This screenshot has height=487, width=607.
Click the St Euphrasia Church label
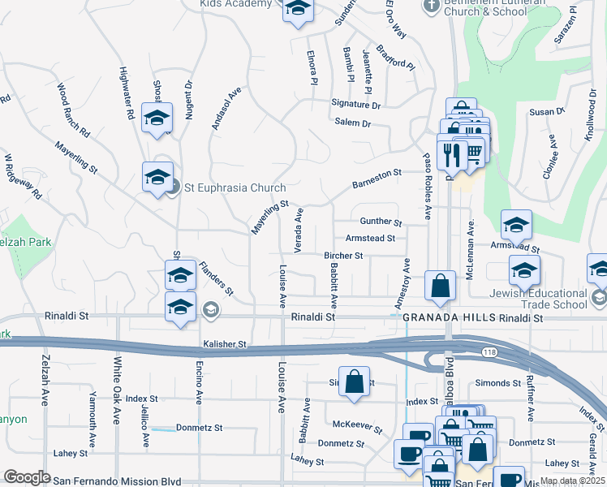pyautogui.click(x=235, y=187)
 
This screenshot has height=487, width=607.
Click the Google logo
pyautogui.click(x=27, y=477)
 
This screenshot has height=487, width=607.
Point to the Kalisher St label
pyautogui.click(x=225, y=344)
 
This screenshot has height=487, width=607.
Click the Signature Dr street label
pyautogui.click(x=355, y=105)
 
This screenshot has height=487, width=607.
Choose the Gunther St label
pyautogui.click(x=381, y=222)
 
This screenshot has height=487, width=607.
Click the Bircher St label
pyautogui.click(x=342, y=256)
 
